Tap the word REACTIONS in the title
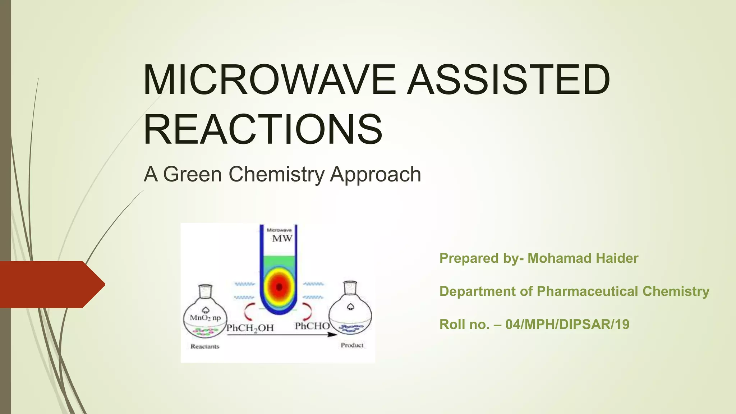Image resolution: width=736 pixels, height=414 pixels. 263,129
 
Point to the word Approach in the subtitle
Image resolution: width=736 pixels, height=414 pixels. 375,175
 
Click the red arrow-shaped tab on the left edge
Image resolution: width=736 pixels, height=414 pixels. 50,284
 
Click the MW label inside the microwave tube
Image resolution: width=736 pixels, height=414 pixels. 282,239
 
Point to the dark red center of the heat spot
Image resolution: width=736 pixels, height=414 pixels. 279,286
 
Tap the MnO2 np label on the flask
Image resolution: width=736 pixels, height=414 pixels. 205,318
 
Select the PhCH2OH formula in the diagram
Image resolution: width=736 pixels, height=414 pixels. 250,328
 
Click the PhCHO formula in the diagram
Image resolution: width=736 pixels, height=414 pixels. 312,326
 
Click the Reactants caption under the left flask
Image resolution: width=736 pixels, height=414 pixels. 205,346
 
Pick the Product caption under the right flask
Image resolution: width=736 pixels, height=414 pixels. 352,345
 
